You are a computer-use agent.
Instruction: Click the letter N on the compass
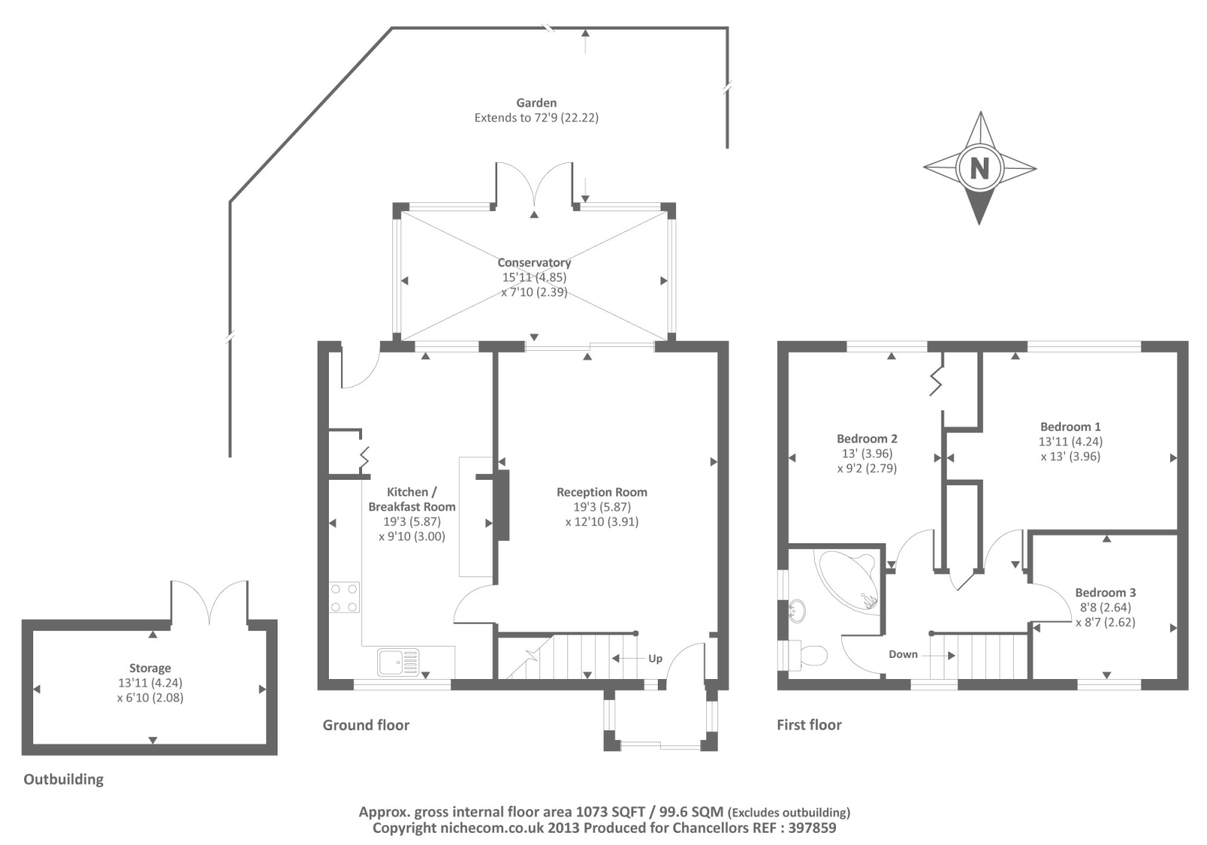pyautogui.click(x=979, y=167)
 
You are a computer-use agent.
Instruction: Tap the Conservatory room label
pyautogui.click(x=534, y=263)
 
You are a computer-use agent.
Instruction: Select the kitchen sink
pyautogui.click(x=398, y=662)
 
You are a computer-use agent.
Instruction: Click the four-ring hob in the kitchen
pyautogui.click(x=344, y=598)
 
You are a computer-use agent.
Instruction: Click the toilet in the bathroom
pyautogui.click(x=809, y=655)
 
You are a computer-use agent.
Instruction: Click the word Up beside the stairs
pyautogui.click(x=655, y=659)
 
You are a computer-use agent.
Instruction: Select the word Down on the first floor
pyautogui.click(x=903, y=654)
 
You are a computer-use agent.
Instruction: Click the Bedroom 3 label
pyautogui.click(x=1105, y=593)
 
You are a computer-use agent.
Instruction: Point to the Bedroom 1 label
pyautogui.click(x=1070, y=427)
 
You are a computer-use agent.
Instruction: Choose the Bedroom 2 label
pyautogui.click(x=867, y=439)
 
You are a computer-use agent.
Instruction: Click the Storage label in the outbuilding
pyautogui.click(x=150, y=668)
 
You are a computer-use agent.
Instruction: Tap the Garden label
pyautogui.click(x=536, y=103)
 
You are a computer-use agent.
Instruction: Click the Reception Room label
pyautogui.click(x=602, y=492)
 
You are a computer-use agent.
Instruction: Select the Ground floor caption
pyautogui.click(x=366, y=725)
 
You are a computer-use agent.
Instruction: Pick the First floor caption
pyautogui.click(x=809, y=725)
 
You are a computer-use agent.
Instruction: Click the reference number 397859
pyautogui.click(x=809, y=828)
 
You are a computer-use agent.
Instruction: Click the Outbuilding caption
pyautogui.click(x=63, y=779)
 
